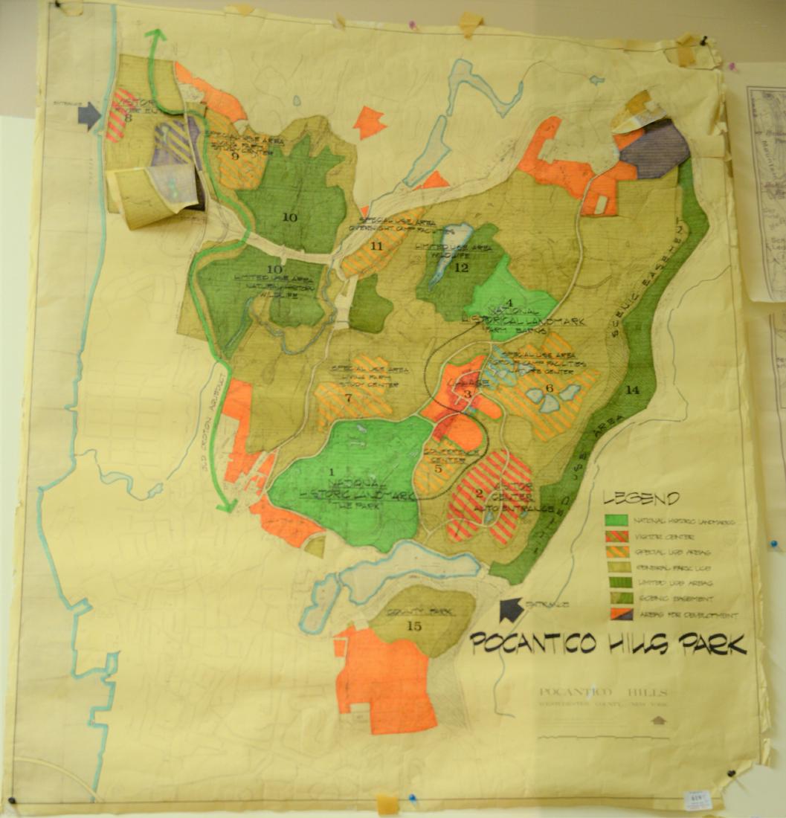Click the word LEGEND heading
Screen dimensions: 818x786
click(641, 499)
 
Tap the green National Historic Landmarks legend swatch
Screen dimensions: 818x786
click(613, 520)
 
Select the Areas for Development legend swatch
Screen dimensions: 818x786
click(613, 614)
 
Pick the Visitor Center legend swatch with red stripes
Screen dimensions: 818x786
click(613, 535)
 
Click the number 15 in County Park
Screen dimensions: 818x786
click(415, 626)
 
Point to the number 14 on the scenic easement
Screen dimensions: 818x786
click(633, 390)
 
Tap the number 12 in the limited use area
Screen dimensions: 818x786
click(461, 268)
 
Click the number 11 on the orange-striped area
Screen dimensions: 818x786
click(376, 245)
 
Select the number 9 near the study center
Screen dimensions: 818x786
click(235, 155)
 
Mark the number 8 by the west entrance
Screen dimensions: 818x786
click(128, 117)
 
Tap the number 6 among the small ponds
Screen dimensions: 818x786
click(550, 387)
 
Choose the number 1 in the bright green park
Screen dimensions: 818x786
click(332, 471)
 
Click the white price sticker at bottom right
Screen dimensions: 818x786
click(696, 800)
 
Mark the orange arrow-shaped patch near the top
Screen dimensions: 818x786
click(369, 121)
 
